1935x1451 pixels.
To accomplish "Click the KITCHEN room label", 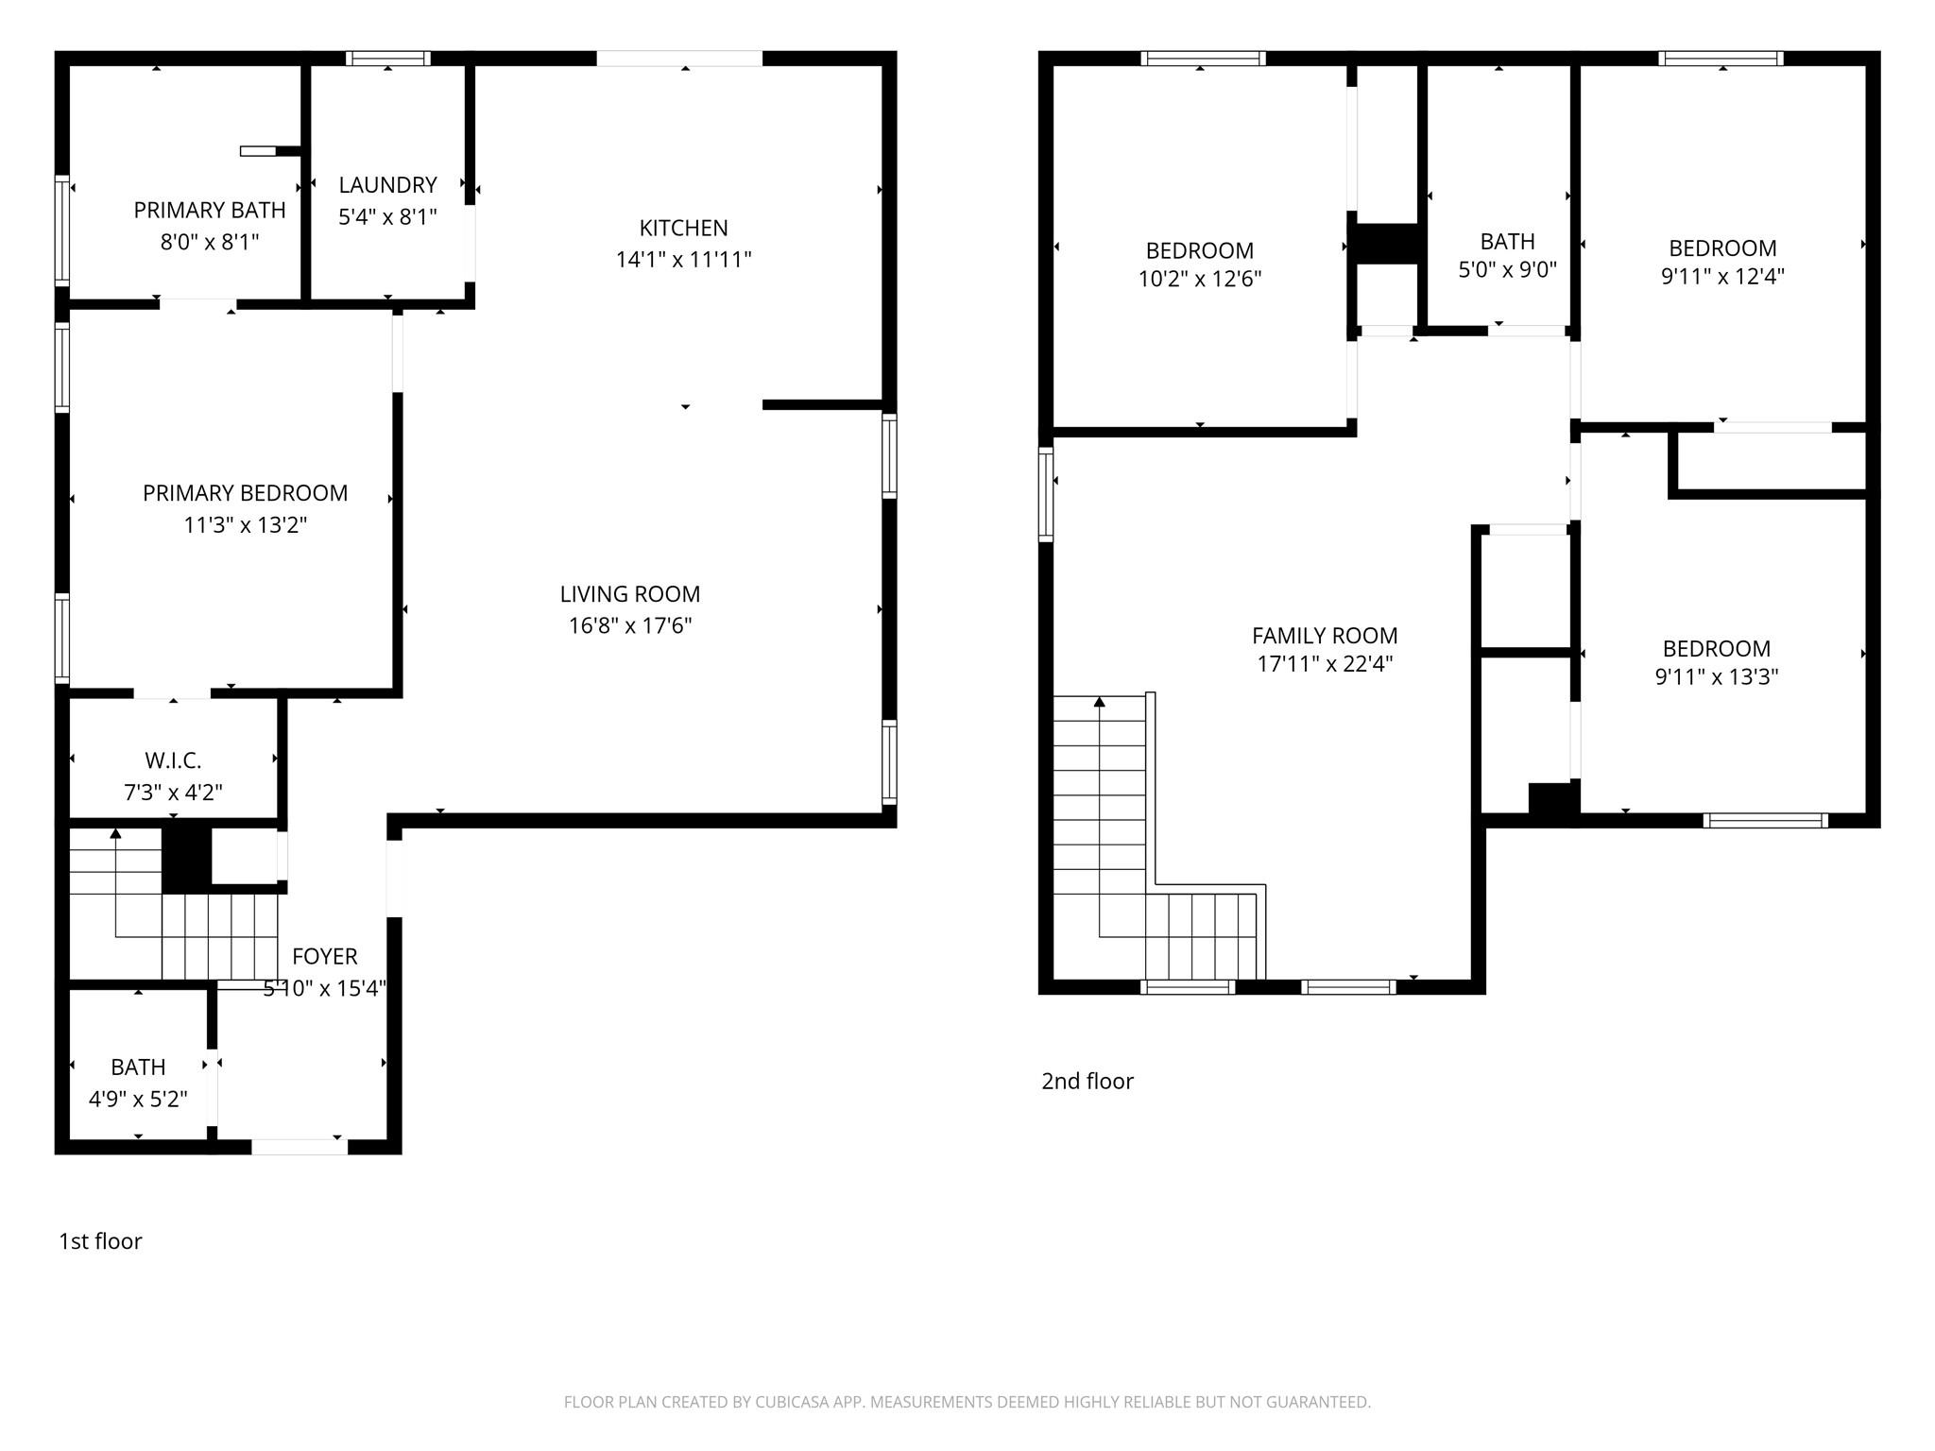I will pyautogui.click(x=683, y=228).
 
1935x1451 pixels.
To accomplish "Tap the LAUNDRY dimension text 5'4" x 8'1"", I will pyautogui.click(x=387, y=217).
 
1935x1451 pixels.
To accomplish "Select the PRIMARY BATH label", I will pyautogui.click(x=209, y=210).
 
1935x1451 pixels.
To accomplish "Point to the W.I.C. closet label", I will pyautogui.click(x=173, y=760).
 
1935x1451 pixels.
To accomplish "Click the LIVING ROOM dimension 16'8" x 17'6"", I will pyautogui.click(x=629, y=625).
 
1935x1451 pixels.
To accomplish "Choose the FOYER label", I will pyautogui.click(x=324, y=956).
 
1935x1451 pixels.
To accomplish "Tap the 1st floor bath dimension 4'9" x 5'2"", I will pyautogui.click(x=138, y=1099).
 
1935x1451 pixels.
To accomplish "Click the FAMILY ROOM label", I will pyautogui.click(x=1324, y=636).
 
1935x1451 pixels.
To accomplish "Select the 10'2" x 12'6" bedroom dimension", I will pyautogui.click(x=1199, y=279).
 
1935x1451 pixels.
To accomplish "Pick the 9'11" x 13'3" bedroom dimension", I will pyautogui.click(x=1716, y=676).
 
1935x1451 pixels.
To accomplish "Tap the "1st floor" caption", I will pyautogui.click(x=100, y=1241).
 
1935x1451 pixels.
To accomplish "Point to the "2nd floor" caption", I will pyautogui.click(x=1087, y=1081).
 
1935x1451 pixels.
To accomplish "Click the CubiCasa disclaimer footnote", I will pyautogui.click(x=967, y=1402).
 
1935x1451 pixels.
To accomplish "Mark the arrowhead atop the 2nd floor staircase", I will pyautogui.click(x=1099, y=702).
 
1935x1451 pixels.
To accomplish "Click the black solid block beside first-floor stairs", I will pyautogui.click(x=186, y=857).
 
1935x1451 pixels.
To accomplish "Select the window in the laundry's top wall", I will pyautogui.click(x=387, y=59).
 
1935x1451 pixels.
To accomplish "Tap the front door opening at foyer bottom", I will pyautogui.click(x=299, y=1147).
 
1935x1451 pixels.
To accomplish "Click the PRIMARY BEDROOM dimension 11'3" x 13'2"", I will pyautogui.click(x=245, y=524).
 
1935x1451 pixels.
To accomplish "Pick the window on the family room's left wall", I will pyautogui.click(x=1046, y=494).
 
